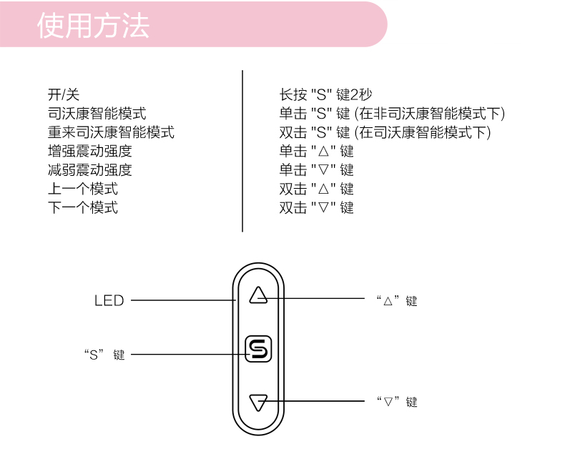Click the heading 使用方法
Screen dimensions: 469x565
(x=93, y=26)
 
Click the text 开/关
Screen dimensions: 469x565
(x=64, y=94)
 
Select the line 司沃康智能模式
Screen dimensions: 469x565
(x=97, y=113)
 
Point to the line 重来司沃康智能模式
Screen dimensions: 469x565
(x=111, y=132)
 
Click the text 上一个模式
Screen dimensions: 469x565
(x=83, y=189)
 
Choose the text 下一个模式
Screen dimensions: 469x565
(x=83, y=208)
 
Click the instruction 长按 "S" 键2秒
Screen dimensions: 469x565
(x=325, y=94)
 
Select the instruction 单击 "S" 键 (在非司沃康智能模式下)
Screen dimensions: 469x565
(x=392, y=113)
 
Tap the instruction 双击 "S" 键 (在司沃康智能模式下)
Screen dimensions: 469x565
(x=385, y=132)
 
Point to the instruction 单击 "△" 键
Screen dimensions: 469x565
(x=316, y=151)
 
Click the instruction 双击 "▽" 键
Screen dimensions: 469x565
(x=316, y=208)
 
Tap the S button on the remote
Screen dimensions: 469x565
(x=258, y=349)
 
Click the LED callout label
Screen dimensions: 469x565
(x=109, y=301)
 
